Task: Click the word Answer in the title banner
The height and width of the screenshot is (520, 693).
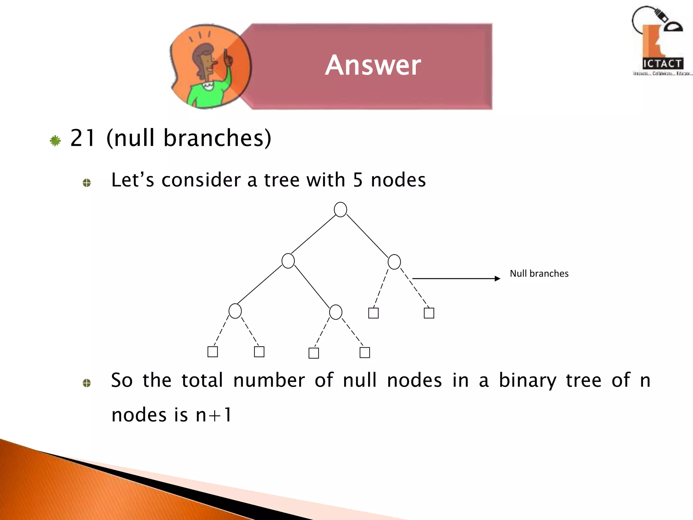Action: (373, 65)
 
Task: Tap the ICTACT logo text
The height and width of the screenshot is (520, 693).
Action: (662, 64)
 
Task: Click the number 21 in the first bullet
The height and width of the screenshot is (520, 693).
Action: (82, 138)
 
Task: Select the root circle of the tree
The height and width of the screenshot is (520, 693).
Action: (340, 210)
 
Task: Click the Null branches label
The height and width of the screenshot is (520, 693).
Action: (539, 274)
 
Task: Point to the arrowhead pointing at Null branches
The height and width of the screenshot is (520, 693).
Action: (497, 279)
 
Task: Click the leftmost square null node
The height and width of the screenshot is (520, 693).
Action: (213, 352)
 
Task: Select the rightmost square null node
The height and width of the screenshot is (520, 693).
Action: (429, 313)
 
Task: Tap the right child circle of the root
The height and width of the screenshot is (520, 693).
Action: (394, 262)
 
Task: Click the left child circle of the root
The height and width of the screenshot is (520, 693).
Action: (288, 261)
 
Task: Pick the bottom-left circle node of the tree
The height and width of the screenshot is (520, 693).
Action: (235, 311)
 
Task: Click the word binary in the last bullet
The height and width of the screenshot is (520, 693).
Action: (528, 380)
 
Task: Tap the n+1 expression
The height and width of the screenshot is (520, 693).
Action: (214, 415)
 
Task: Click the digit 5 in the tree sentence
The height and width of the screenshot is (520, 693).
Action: (358, 180)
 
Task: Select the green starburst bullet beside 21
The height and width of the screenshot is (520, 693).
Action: (55, 141)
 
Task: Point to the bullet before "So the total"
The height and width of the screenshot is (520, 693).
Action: (87, 383)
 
